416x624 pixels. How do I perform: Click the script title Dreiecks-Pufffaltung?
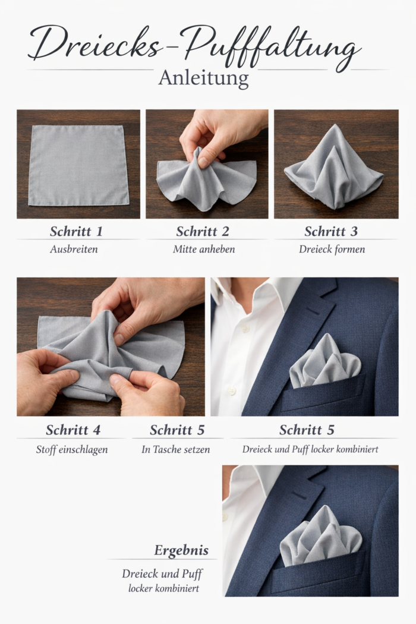(194, 47)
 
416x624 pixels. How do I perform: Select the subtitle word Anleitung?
(203, 78)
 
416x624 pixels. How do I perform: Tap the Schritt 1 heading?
(77, 231)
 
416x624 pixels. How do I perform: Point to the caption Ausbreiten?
(74, 250)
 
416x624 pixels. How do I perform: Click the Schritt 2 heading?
(203, 231)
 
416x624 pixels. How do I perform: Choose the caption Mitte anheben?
(204, 250)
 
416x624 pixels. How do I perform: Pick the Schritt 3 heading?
(331, 231)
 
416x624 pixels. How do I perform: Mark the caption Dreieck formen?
(332, 250)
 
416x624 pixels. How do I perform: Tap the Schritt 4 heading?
(73, 430)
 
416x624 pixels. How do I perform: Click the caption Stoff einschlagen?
(72, 450)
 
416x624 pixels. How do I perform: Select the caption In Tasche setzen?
(175, 450)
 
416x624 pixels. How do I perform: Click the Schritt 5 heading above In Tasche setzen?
(177, 430)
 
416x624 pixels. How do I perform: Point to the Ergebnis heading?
(181, 550)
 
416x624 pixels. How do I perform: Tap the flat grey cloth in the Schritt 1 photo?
(78, 165)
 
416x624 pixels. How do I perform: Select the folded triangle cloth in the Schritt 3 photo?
(333, 169)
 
